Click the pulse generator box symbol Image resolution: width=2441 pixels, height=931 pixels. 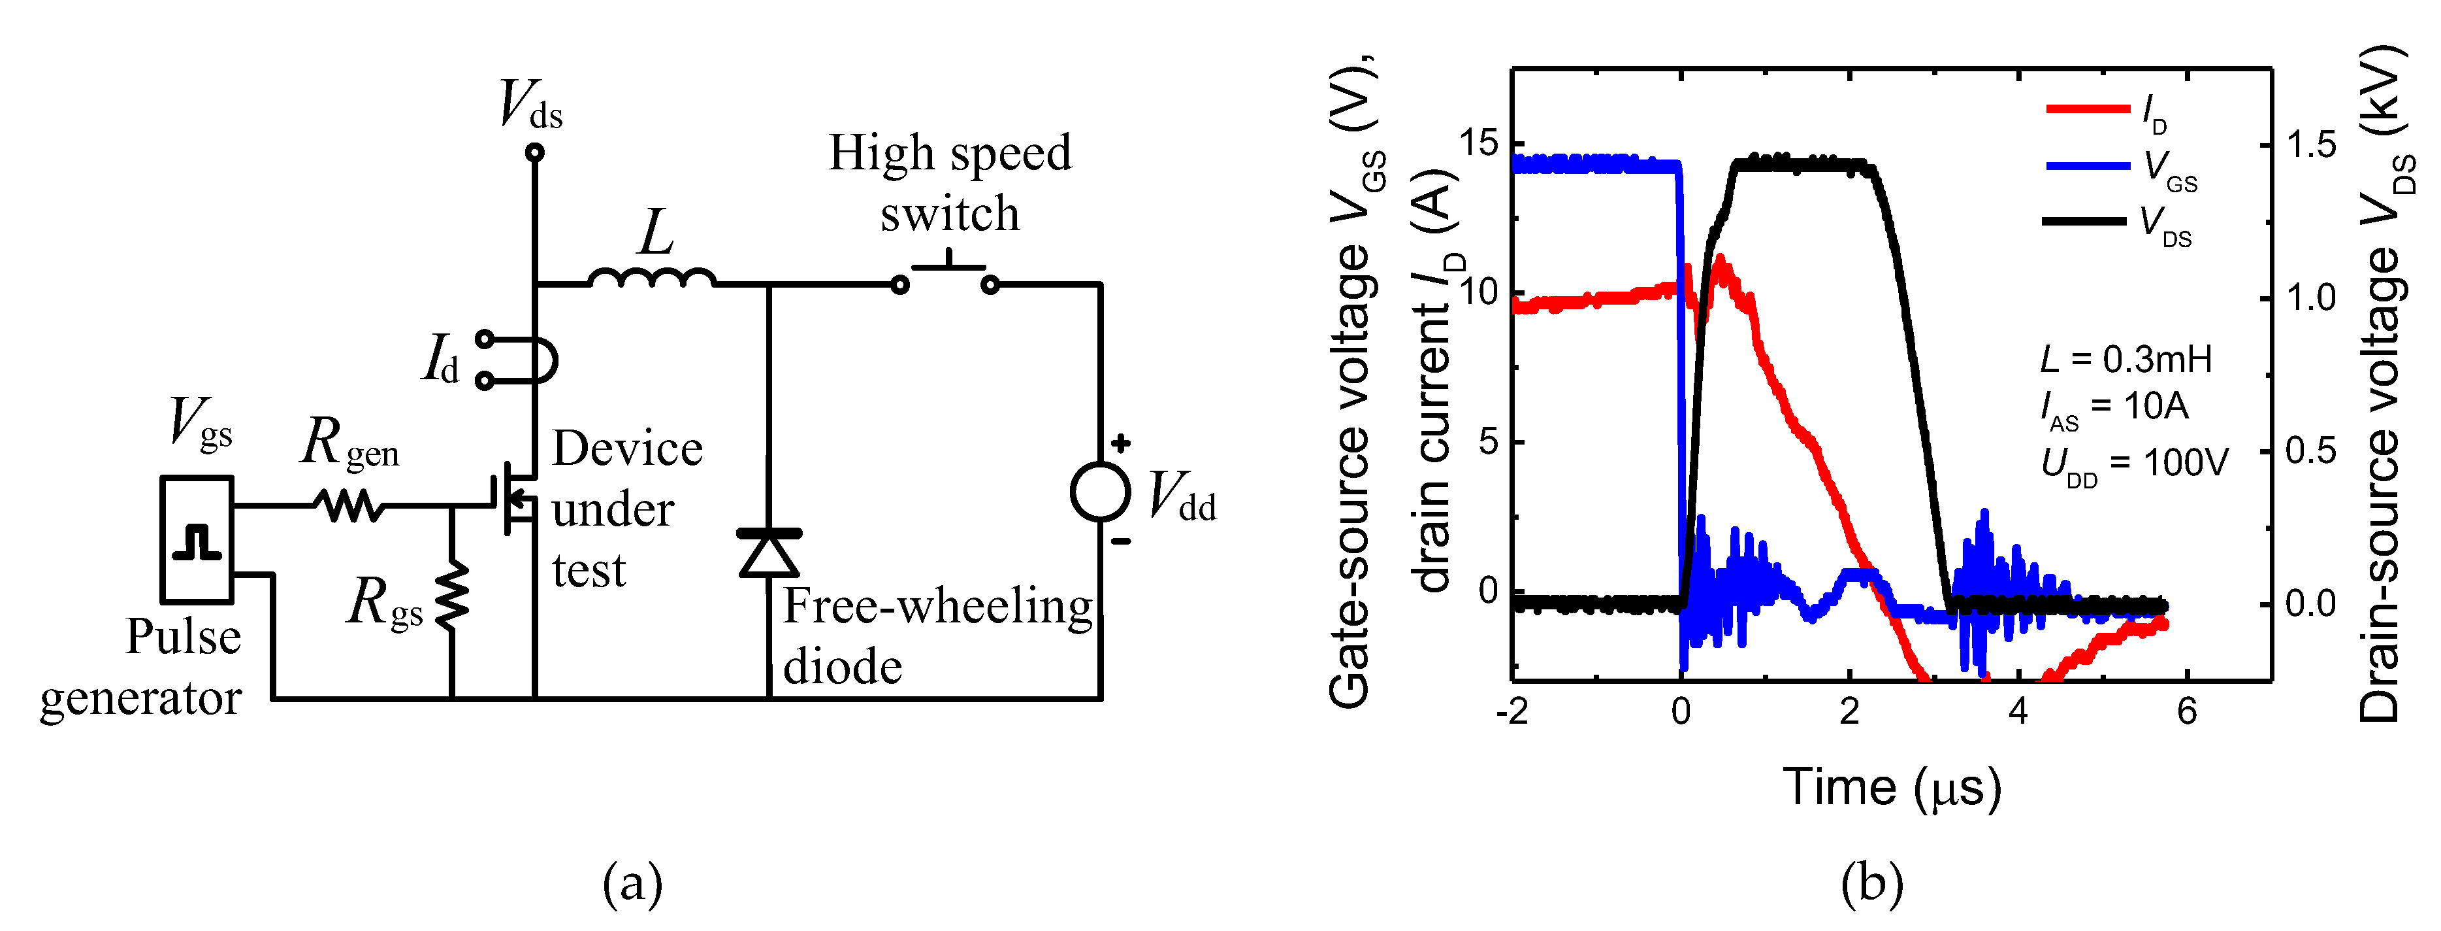(196, 539)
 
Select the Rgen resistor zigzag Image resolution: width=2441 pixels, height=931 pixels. (349, 505)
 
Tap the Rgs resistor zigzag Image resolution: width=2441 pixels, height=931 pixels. (452, 594)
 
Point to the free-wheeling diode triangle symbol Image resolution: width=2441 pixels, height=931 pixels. (769, 554)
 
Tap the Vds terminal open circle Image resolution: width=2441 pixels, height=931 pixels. (534, 152)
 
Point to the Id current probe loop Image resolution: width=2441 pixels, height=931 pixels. (530, 360)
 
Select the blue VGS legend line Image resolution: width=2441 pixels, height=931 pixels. (2088, 166)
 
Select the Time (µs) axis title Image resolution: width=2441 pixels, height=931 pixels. (1892, 787)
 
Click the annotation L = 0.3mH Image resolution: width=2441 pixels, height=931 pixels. (2126, 360)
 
